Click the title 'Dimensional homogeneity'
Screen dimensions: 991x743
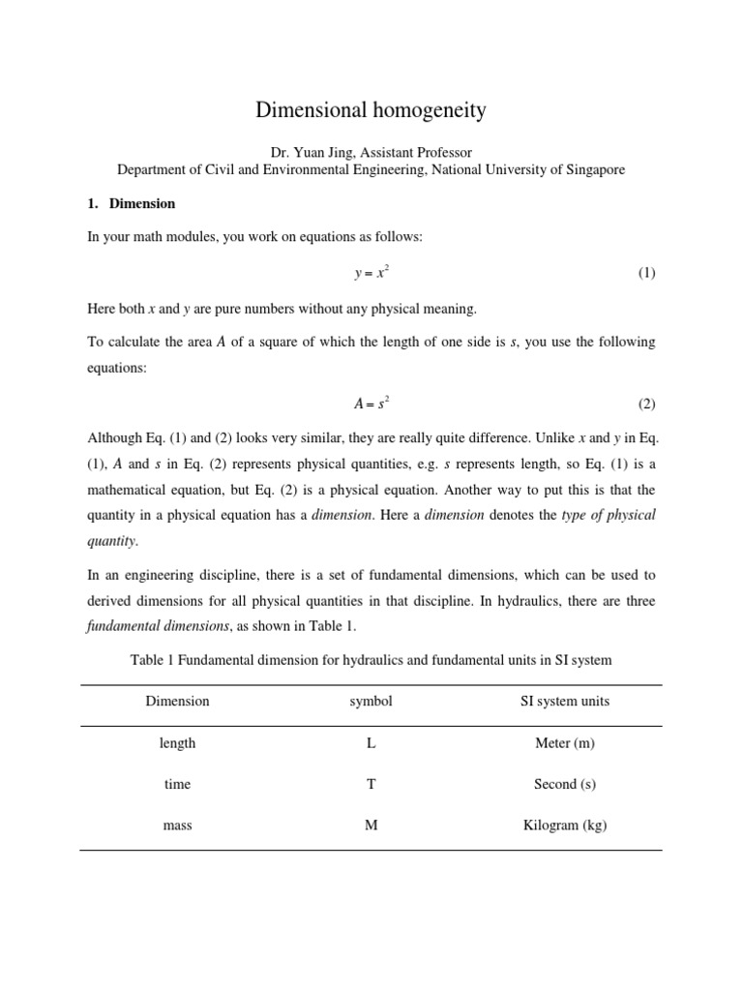(371, 110)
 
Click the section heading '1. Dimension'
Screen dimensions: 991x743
(132, 204)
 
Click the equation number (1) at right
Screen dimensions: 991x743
(646, 273)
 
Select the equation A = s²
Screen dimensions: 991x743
(371, 404)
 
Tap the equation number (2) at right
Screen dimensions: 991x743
(646, 404)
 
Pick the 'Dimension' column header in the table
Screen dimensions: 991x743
(177, 701)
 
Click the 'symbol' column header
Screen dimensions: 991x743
(371, 701)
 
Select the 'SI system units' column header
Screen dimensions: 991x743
(565, 701)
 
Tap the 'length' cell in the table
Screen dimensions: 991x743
(177, 743)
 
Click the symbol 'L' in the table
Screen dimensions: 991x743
(371, 743)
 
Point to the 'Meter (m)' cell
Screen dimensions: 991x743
(565, 743)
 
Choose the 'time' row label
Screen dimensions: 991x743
(177, 784)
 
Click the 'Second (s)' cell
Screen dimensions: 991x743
(565, 784)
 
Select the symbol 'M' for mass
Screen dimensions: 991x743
(371, 826)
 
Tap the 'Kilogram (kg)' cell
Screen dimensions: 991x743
(565, 826)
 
